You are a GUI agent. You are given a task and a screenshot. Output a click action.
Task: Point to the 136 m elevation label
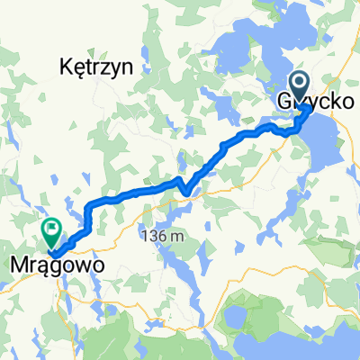(163, 236)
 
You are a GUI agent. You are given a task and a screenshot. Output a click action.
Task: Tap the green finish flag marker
(51, 232)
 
